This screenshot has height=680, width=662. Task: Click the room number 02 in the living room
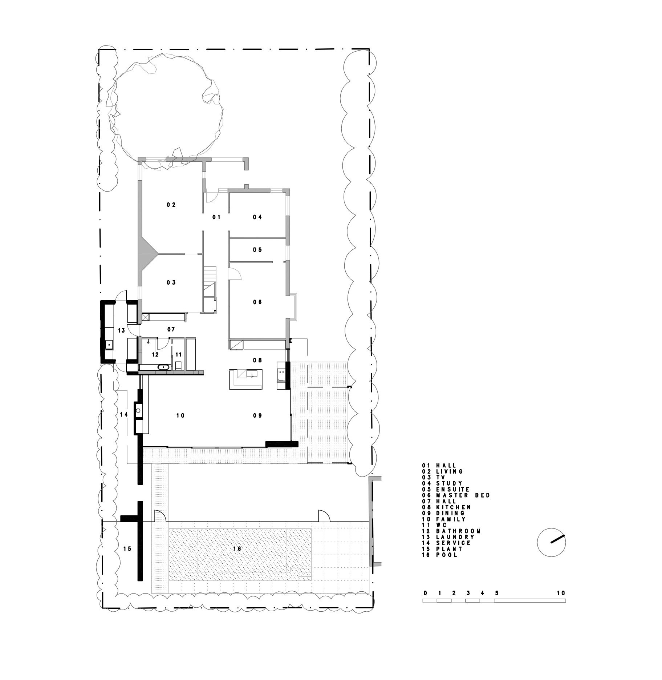pyautogui.click(x=171, y=205)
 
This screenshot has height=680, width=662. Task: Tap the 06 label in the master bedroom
pyautogui.click(x=257, y=302)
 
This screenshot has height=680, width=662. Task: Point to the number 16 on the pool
pyautogui.click(x=237, y=549)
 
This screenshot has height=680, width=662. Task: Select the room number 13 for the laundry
pyautogui.click(x=121, y=330)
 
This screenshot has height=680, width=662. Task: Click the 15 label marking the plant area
pyautogui.click(x=127, y=549)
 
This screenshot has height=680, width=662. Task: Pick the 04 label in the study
pyautogui.click(x=257, y=217)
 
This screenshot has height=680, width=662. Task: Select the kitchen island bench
pyautogui.click(x=246, y=379)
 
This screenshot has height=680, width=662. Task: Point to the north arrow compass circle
pyautogui.click(x=551, y=542)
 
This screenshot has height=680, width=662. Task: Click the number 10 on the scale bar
pyautogui.click(x=561, y=593)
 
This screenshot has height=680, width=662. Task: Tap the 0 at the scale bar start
pyautogui.click(x=425, y=593)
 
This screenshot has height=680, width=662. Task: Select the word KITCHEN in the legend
pyautogui.click(x=454, y=507)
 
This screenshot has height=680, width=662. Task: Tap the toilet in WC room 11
pyautogui.click(x=178, y=365)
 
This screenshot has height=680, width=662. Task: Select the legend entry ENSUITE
pyautogui.click(x=453, y=490)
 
